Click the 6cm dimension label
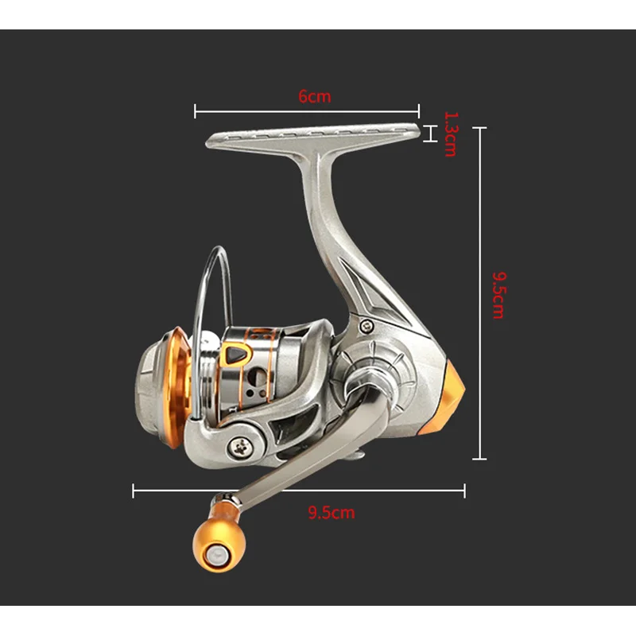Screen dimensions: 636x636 (x=315, y=96)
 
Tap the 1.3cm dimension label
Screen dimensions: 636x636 (x=450, y=134)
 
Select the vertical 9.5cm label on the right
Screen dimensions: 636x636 (x=499, y=295)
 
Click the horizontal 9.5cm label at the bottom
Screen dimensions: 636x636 (x=332, y=512)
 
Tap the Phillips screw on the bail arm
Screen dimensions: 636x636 (x=240, y=447)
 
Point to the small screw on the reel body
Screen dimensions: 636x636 (x=367, y=325)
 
